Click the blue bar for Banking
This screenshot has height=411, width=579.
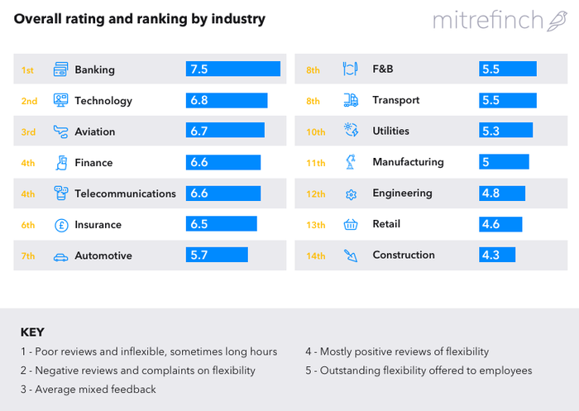click(233, 69)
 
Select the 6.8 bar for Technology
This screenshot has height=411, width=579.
click(227, 101)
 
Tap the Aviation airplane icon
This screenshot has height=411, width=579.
click(60, 131)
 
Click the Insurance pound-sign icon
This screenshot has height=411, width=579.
click(60, 225)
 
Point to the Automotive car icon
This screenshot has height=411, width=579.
click(60, 256)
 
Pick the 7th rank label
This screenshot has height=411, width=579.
click(28, 256)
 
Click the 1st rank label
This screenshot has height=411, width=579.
click(27, 70)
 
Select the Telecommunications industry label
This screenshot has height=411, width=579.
click(125, 194)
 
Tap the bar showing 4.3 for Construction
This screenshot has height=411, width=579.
click(499, 256)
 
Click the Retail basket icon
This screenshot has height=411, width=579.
click(351, 224)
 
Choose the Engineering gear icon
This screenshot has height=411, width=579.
click(351, 194)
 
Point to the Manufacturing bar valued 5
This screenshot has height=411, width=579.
click(504, 162)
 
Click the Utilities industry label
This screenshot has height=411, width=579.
click(390, 131)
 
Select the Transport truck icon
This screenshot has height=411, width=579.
click(351, 100)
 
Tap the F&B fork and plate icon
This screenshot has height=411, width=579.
click(351, 69)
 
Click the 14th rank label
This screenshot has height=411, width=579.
click(316, 256)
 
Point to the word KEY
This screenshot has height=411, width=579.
click(32, 332)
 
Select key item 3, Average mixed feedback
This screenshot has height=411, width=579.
click(88, 389)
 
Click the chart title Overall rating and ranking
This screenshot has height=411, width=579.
click(138, 18)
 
